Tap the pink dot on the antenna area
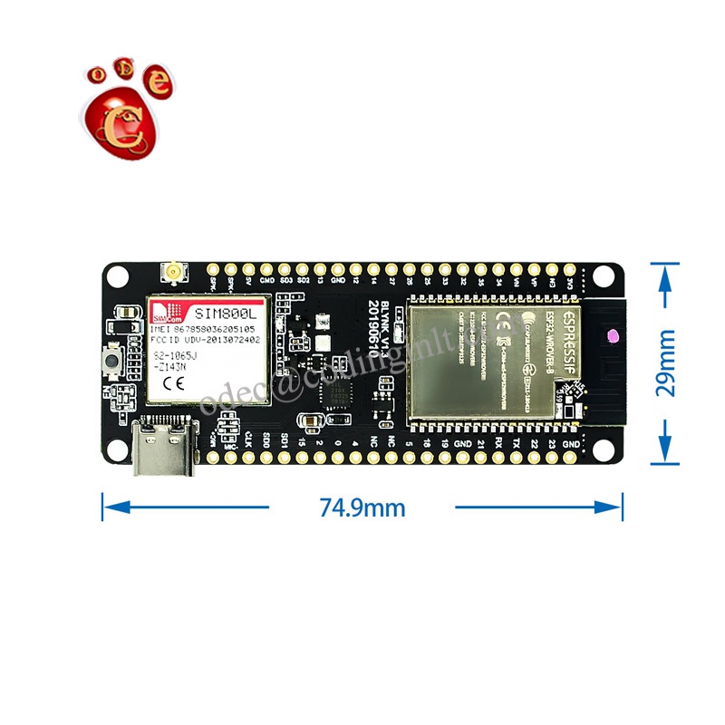(610, 337)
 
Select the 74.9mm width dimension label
(362, 507)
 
